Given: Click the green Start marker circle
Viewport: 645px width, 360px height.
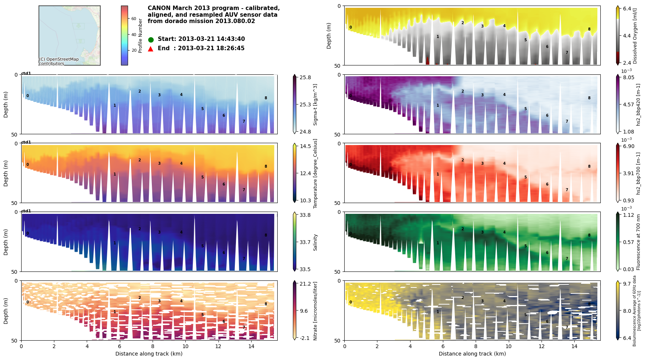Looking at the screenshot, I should pos(151,39).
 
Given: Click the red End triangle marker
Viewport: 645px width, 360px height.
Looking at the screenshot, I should pos(151,49).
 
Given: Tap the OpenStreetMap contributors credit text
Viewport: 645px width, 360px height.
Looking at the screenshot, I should pos(59,61).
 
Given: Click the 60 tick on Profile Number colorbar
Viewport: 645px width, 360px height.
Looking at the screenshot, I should pos(134,19).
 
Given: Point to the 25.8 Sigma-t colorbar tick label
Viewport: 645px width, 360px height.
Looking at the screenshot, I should pos(305,77).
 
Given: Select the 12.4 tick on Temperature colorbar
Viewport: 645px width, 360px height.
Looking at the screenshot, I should pos(305,173).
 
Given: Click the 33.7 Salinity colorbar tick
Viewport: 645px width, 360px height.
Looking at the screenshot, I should pos(305,242).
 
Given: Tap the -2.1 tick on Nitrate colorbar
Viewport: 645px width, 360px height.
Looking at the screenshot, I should pos(305,338).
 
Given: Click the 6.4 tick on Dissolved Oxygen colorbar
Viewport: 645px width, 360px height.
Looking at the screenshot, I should pos(627,9).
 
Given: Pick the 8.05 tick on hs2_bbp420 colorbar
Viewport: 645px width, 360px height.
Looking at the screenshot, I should pos(628,77).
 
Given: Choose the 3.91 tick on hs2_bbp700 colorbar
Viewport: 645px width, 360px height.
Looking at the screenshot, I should pos(628,173).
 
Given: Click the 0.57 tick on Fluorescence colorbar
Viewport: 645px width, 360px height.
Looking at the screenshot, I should pos(628,242).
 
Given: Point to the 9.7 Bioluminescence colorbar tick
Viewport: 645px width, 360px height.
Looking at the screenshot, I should pos(627,284).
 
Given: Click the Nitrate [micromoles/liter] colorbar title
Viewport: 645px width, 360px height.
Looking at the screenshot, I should pos(315,311).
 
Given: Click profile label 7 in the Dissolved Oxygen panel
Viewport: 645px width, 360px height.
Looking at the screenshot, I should pos(567,53).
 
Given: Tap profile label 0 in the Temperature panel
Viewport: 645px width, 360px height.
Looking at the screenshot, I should pos(28,165).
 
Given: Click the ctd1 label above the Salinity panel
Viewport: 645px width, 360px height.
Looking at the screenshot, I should pos(26,211).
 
